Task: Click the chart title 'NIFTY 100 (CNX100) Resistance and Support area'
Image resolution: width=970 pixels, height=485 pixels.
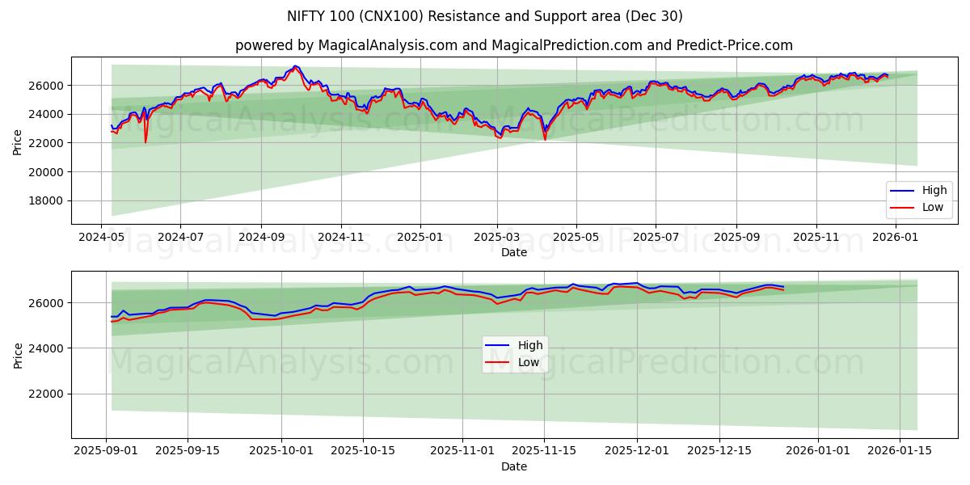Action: pyautogui.click(x=485, y=16)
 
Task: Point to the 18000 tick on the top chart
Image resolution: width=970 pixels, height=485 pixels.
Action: pyautogui.click(x=48, y=200)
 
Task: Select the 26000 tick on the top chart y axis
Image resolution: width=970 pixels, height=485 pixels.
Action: pyautogui.click(x=48, y=86)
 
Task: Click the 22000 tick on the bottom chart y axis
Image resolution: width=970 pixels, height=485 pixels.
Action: pyautogui.click(x=48, y=394)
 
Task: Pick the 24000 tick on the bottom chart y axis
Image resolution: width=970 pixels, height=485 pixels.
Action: pyautogui.click(x=48, y=348)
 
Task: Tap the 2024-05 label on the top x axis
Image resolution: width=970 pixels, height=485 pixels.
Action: pyautogui.click(x=101, y=238)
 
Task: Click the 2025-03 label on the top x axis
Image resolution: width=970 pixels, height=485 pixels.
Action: pyautogui.click(x=496, y=238)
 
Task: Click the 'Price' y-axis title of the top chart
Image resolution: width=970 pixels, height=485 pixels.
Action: pyautogui.click(x=18, y=141)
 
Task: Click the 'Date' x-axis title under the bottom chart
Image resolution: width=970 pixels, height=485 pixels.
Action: pyautogui.click(x=514, y=466)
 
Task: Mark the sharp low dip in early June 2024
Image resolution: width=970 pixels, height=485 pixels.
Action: pyautogui.click(x=146, y=142)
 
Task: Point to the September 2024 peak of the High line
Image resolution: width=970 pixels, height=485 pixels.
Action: pyautogui.click(x=295, y=66)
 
